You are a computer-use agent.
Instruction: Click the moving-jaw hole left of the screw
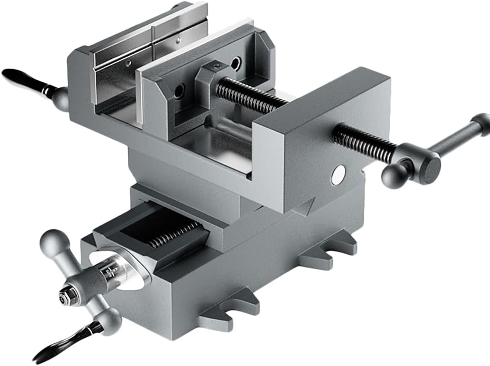(x=179, y=90)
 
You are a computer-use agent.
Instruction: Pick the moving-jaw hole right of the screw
(x=235, y=63)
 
